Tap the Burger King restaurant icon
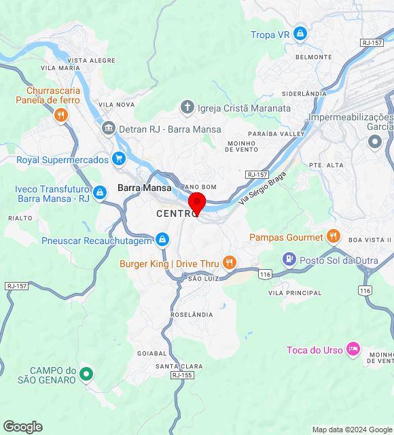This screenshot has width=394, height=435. tap(230, 263)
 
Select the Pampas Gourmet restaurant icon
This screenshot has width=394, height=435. tap(333, 237)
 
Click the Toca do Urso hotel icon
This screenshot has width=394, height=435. tap(353, 349)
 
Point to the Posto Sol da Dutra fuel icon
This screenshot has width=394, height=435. tap(289, 259)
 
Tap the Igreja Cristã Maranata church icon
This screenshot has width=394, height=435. tap(187, 107)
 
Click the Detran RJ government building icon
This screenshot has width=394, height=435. tap(108, 128)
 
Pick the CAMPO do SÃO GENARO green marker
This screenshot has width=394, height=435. tap(86, 374)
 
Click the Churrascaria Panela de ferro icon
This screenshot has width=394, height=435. tap(60, 115)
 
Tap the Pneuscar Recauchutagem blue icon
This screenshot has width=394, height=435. tap(162, 240)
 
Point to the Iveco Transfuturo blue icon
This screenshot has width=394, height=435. tap(100, 193)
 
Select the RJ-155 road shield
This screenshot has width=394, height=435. tap(182, 375)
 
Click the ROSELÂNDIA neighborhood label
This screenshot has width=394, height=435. tap(192, 315)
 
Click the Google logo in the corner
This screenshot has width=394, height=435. tap(22, 427)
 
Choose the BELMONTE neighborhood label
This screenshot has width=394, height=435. tap(314, 57)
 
